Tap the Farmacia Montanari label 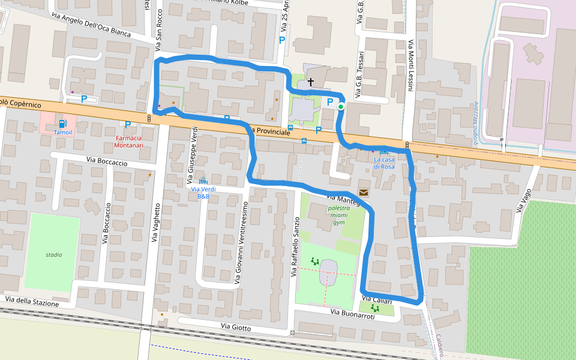click(x=129, y=141)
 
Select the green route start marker click(x=341, y=107)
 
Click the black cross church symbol click(x=311, y=81)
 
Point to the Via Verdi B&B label click(x=203, y=193)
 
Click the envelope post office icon click(x=364, y=192)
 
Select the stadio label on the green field click(x=53, y=254)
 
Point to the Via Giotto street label click(x=236, y=327)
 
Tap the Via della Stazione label click(x=32, y=301)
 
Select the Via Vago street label click(x=523, y=200)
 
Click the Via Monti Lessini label click(x=411, y=66)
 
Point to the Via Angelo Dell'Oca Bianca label click(x=91, y=25)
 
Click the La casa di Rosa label click(x=384, y=163)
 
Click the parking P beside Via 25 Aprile click(x=281, y=40)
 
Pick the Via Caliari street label click(x=377, y=300)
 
